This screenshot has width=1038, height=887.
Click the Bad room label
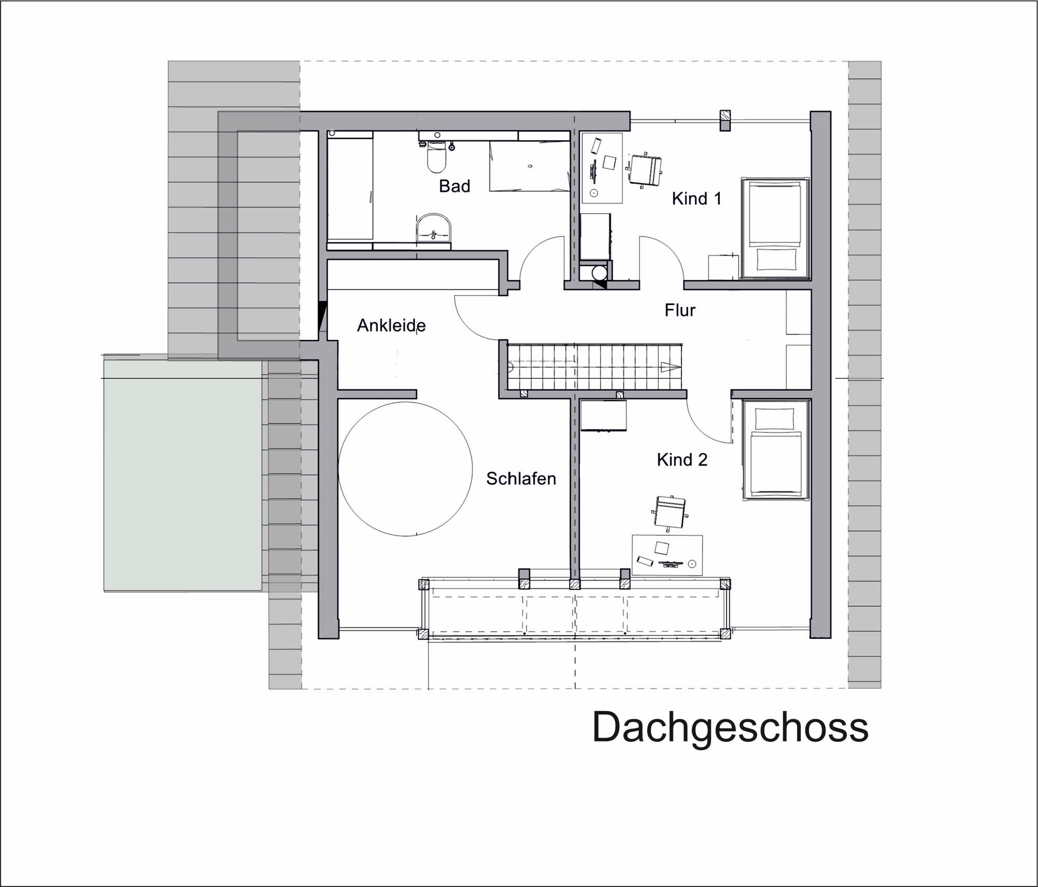pos(454,186)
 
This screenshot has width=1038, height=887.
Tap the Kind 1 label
pos(696,198)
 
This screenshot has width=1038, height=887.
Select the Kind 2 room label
pos(681,459)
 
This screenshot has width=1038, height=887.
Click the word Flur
pos(679,310)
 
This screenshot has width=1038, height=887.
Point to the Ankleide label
pos(391,325)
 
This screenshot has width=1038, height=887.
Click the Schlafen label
pos(521,479)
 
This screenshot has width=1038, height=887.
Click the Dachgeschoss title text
pos(730,728)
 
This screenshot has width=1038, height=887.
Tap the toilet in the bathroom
pos(436,158)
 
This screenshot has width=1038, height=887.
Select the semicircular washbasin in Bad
pos(434,228)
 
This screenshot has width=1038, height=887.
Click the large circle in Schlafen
pos(405,469)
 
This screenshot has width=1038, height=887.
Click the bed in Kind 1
pos(775,229)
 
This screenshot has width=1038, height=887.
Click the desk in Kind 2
pos(667,555)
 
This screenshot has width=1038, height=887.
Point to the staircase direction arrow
pos(670,367)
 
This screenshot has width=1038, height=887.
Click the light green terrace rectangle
pos(182,475)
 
